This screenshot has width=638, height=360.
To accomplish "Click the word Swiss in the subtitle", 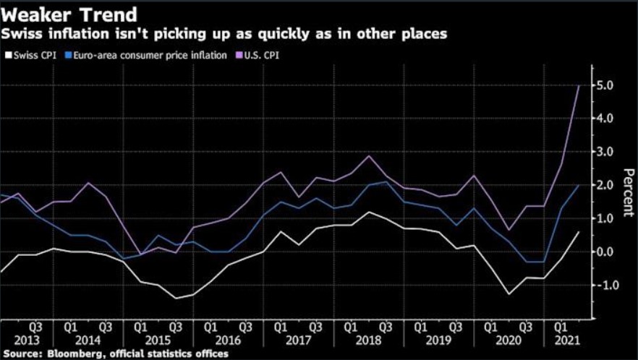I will pyautogui.click(x=20, y=33).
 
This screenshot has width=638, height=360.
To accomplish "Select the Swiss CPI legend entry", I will pyautogui.click(x=30, y=53).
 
